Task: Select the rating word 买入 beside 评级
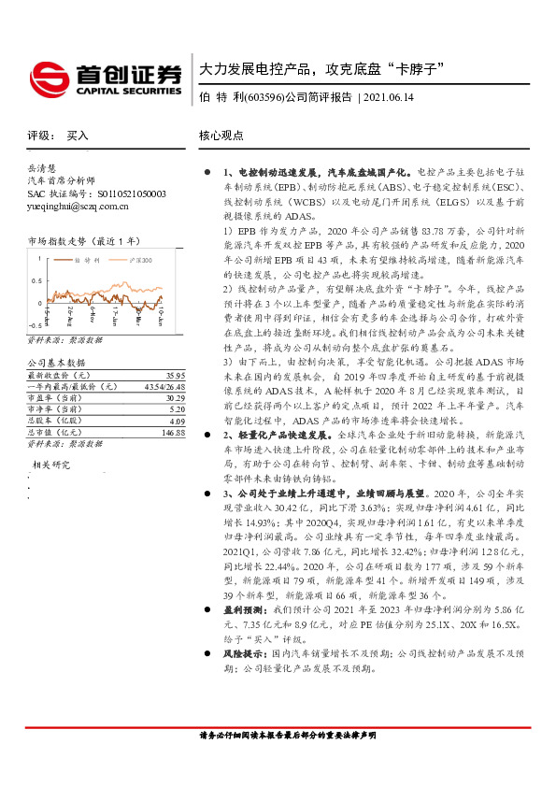pyautogui.click(x=78, y=136)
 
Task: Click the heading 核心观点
pyautogui.click(x=221, y=136)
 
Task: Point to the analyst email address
pyautogui.click(x=78, y=206)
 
